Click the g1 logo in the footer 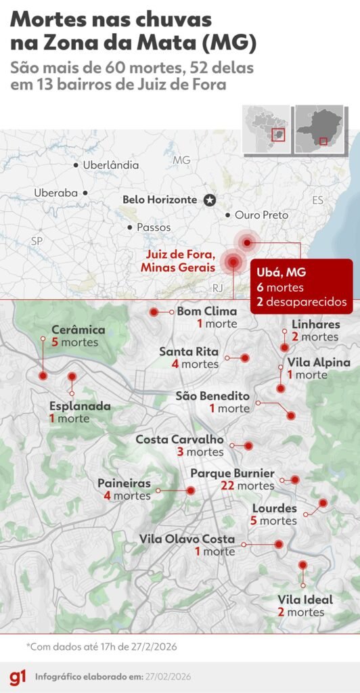[17, 677]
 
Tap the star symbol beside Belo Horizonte [210, 200]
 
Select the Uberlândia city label [110, 165]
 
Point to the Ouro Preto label [261, 215]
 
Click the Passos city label [154, 227]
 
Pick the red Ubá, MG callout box [301, 286]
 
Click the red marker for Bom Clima [154, 312]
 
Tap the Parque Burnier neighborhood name [232, 473]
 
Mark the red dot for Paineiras [191, 490]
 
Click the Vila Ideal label [305, 600]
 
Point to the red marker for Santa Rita [245, 357]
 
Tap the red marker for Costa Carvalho [248, 446]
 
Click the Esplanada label [80, 407]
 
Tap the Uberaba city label [56, 193]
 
